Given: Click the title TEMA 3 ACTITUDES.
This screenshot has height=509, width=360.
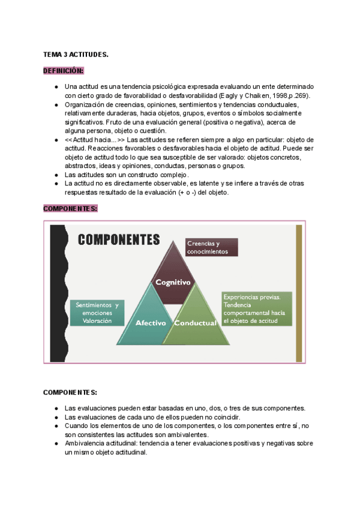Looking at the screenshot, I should (76, 55).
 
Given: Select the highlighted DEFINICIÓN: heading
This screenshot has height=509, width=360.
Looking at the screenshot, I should (64, 71).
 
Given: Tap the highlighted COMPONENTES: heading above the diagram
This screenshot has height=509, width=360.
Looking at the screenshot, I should (70, 209).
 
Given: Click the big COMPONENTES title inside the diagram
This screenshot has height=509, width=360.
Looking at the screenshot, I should (119, 239).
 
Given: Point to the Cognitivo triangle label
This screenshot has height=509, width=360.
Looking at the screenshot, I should (173, 282).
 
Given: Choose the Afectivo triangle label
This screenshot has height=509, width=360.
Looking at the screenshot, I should (150, 323).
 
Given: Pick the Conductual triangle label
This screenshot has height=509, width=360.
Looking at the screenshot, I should (195, 323).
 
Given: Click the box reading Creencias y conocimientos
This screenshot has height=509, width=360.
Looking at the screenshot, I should (211, 248).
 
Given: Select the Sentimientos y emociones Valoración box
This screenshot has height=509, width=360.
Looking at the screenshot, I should (97, 313).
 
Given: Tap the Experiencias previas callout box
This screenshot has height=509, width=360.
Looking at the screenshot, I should (257, 309).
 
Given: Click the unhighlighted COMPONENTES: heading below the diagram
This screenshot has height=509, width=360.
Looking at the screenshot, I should (70, 393).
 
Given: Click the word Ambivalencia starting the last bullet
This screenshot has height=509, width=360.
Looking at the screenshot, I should (84, 444).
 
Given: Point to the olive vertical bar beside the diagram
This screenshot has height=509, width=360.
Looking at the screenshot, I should (299, 292).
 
